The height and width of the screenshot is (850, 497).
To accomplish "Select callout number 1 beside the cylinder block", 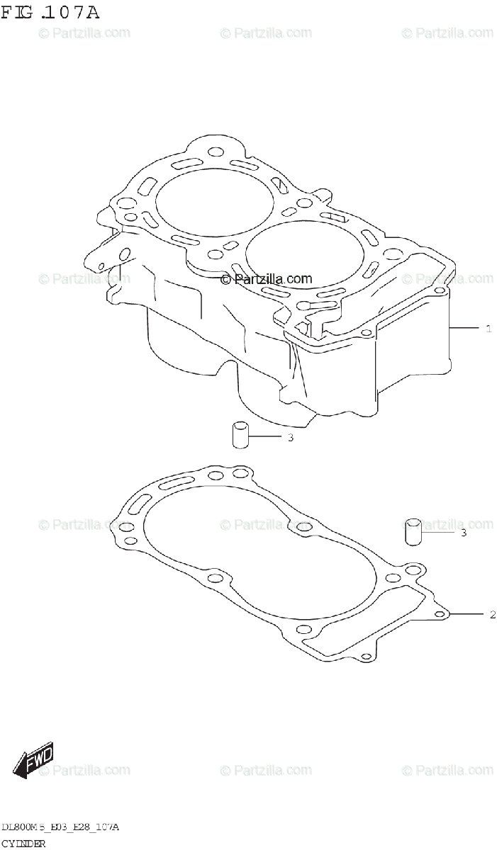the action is pos(488,328).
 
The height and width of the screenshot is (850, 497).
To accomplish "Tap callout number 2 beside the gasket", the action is pos(492,614).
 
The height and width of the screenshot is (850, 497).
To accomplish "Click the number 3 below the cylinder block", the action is pos(290,438).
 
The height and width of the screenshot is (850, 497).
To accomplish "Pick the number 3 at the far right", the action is pos(464,533).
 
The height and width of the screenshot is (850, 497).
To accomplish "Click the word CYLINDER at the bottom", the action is pos(24,844).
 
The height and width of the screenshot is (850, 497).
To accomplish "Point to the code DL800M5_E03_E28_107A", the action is pos(60,827).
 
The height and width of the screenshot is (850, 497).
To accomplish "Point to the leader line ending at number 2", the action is pos(468,614).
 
